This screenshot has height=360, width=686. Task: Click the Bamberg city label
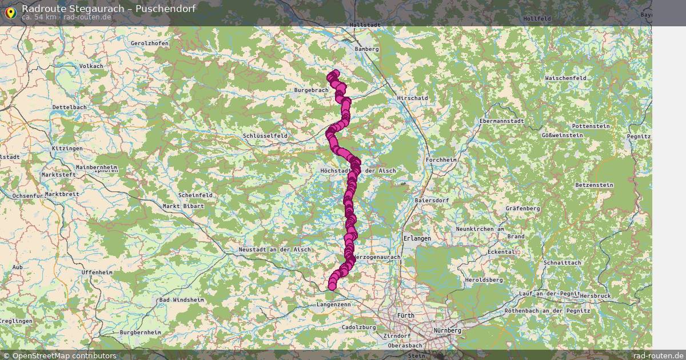coord(367,49)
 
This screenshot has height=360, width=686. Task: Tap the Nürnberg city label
coord(448,331)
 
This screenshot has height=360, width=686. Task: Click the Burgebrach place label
coord(312,90)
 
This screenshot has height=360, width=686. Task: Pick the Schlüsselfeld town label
coord(265,136)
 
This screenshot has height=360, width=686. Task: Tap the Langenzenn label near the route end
coord(333,305)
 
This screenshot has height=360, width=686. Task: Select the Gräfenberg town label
coord(523,209)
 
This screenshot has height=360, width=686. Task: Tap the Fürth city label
coord(406,315)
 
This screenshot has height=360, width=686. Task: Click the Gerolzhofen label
coord(150,43)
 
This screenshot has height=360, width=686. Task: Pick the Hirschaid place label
coord(412,98)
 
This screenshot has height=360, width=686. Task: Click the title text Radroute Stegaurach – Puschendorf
coord(109,9)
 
